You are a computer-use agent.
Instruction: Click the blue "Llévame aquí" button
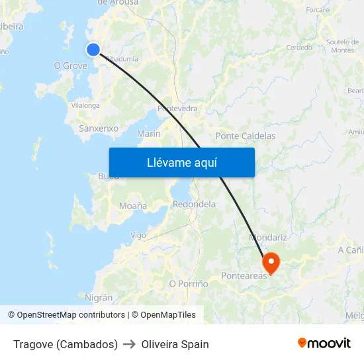click(181, 162)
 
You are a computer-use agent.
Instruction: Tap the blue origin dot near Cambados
click(93, 49)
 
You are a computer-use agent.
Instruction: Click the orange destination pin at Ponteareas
click(271, 263)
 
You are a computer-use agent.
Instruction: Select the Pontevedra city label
click(177, 109)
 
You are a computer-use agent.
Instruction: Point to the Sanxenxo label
click(98, 128)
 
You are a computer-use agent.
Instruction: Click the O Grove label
click(70, 66)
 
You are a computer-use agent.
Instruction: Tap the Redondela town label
click(194, 205)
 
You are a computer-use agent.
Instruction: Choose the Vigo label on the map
click(138, 235)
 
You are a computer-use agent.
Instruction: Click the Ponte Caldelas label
click(246, 136)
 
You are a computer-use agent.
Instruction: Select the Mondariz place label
click(268, 237)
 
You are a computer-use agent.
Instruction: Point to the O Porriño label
click(189, 283)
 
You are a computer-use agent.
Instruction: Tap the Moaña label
click(133, 206)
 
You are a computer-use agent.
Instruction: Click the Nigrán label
click(99, 298)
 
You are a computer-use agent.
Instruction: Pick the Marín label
click(148, 134)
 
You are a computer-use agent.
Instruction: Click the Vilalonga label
click(85, 105)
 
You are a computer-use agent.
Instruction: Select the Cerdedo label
click(298, 48)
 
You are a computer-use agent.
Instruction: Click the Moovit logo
click(324, 343)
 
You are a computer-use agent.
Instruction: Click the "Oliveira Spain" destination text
click(175, 344)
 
